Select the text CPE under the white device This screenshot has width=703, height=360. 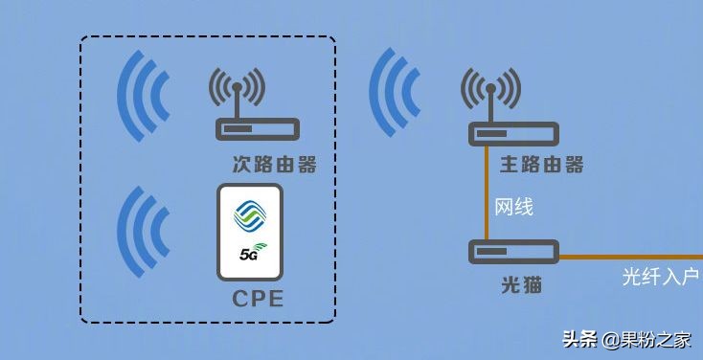click(x=259, y=300)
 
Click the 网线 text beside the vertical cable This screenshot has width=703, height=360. click(x=513, y=207)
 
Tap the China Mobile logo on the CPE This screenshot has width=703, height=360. click(x=251, y=215)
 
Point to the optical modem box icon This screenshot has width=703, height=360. click(x=513, y=252)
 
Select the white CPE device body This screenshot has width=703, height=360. click(x=251, y=233)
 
